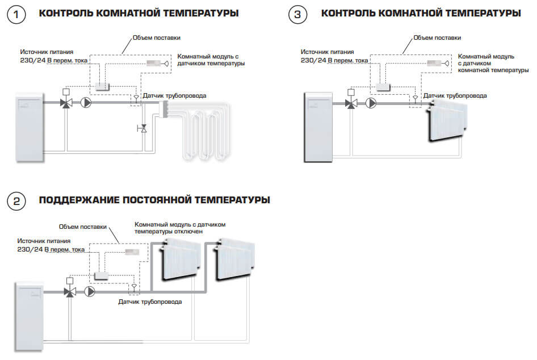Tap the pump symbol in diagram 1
click(x=86, y=103)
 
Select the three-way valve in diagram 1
click(x=66, y=103)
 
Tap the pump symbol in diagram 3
click(x=371, y=103)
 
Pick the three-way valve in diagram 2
click(x=70, y=292)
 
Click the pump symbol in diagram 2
click(x=90, y=292)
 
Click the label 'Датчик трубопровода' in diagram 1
click(x=174, y=95)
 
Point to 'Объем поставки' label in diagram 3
click(x=437, y=37)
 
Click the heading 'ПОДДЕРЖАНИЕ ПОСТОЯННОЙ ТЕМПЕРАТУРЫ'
click(x=154, y=200)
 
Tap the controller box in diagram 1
click(x=102, y=86)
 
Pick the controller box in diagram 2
click(x=102, y=275)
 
